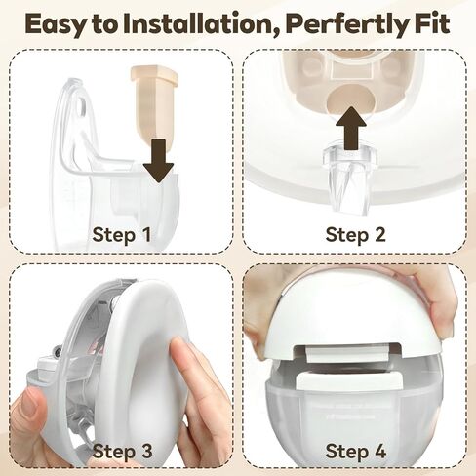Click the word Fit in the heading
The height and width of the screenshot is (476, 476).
pos(432,23)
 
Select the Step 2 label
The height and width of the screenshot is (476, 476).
pos(355,234)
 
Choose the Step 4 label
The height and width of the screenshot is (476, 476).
pos(355,451)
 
